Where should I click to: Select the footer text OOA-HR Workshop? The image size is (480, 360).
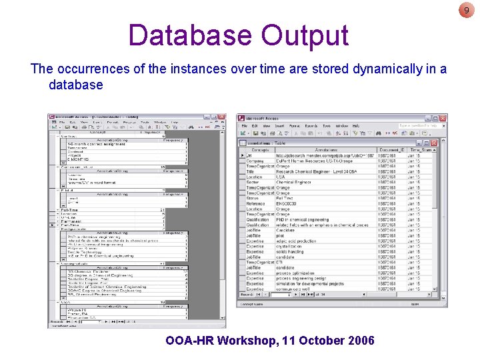point(221,341)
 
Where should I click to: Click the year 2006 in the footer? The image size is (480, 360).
point(357,341)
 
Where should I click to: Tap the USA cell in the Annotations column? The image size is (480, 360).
point(282,177)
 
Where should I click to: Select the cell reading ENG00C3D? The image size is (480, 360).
point(290,203)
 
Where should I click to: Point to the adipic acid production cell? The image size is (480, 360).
point(297,241)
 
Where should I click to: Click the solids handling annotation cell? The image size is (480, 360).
point(290,251)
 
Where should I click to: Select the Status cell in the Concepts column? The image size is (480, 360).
point(253,198)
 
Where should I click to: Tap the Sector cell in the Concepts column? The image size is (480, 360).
point(253,182)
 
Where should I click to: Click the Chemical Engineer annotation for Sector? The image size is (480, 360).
point(294,182)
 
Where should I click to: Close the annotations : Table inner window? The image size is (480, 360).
point(434,142)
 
